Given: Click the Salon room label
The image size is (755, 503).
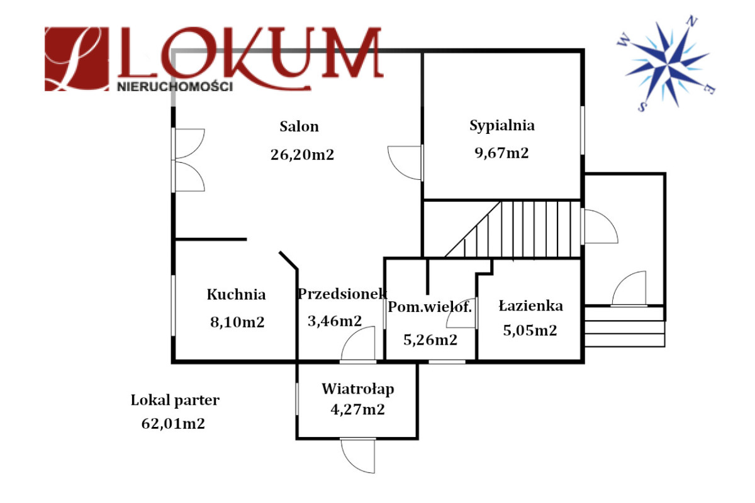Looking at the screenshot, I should pyautogui.click(x=299, y=126).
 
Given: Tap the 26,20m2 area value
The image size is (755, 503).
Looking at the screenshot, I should pyautogui.click(x=301, y=155).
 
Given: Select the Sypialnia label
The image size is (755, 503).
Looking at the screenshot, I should pyautogui.click(x=502, y=125).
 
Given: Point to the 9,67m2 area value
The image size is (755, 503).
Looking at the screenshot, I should pyautogui.click(x=501, y=153).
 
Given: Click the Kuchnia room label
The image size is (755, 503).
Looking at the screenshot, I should pyautogui.click(x=236, y=294).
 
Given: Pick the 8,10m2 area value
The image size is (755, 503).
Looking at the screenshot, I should pyautogui.click(x=237, y=323).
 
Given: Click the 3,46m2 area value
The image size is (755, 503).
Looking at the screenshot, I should pyautogui.click(x=334, y=321).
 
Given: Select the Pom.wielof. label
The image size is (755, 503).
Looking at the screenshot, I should pyautogui.click(x=430, y=307).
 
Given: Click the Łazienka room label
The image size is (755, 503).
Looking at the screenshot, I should pyautogui.click(x=530, y=306).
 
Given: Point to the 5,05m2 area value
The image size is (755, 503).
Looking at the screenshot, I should pyautogui.click(x=530, y=330).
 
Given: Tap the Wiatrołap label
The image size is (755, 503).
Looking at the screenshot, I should pyautogui.click(x=358, y=389).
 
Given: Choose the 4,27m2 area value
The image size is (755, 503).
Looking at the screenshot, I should pyautogui.click(x=357, y=409).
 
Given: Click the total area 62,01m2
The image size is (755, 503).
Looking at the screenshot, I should pyautogui.click(x=174, y=424).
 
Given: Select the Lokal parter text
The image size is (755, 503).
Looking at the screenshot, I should pyautogui.click(x=175, y=400).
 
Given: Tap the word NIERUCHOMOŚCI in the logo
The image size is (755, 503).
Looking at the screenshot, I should pyautogui.click(x=175, y=87).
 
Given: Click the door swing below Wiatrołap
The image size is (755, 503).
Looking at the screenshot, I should pyautogui.click(x=358, y=456).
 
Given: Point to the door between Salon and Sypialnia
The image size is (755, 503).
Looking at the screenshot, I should pyautogui.click(x=406, y=162).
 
